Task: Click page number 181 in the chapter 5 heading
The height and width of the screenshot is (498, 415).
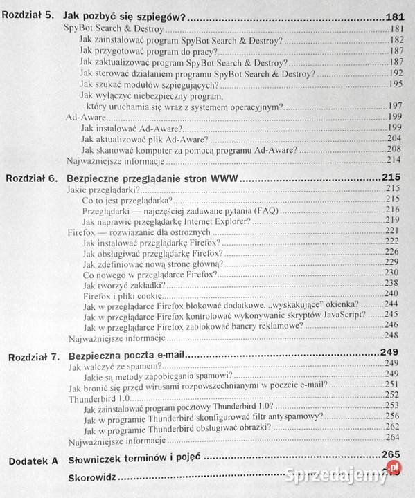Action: (x=394, y=17)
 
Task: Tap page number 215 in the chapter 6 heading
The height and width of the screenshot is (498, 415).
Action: (x=391, y=178)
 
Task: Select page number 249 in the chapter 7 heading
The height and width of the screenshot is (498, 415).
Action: (x=390, y=355)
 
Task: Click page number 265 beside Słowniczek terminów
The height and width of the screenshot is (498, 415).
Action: (x=391, y=456)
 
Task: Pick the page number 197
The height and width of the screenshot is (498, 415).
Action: (x=395, y=105)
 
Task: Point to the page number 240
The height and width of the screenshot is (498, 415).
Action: (x=393, y=293)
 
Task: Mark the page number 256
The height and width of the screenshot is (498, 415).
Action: (x=392, y=416)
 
